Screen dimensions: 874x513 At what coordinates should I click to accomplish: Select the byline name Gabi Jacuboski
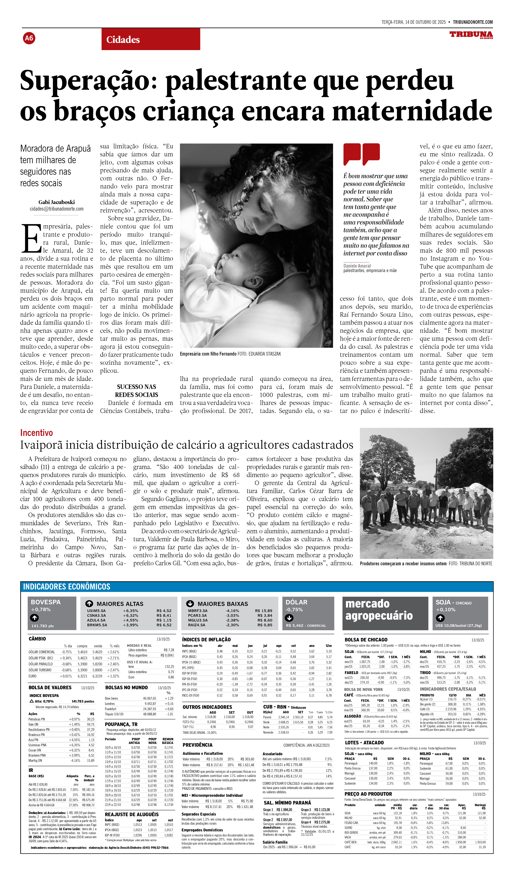coord(56,202)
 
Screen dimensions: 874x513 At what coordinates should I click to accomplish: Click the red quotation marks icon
coord(361,154)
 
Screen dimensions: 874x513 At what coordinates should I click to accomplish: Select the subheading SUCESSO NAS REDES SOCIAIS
coord(137,391)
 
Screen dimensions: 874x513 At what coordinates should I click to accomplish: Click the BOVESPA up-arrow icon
coord(34,618)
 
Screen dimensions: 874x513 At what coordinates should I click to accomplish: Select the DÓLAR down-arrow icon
coord(289,618)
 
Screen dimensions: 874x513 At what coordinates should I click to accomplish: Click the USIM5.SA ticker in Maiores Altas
coord(96,611)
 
